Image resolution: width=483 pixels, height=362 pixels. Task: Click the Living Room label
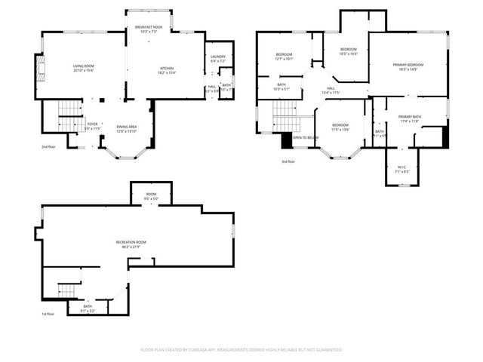pos(83,69)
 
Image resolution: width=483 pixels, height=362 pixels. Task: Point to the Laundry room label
pos(219,59)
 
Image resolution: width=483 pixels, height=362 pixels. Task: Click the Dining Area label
pos(127,128)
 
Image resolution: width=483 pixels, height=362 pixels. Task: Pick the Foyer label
pos(92,126)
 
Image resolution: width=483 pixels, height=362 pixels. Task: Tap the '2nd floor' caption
pos(50,147)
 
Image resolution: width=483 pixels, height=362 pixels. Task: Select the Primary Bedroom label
pos(408,67)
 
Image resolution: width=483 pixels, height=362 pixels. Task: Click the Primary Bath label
pos(410,118)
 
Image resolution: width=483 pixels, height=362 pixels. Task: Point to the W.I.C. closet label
pos(401,170)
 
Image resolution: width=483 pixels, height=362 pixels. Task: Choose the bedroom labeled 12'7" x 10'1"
pos(284,57)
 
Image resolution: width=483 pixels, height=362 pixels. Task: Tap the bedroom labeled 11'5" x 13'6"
pos(340,127)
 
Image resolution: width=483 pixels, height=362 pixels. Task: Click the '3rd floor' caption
pos(288,161)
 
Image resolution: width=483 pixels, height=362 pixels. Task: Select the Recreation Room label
pos(131,244)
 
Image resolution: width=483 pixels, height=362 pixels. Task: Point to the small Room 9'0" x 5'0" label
pos(151,197)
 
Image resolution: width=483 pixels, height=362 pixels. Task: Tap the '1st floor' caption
pos(48,314)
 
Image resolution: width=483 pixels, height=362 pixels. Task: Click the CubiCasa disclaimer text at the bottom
pos(241,350)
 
